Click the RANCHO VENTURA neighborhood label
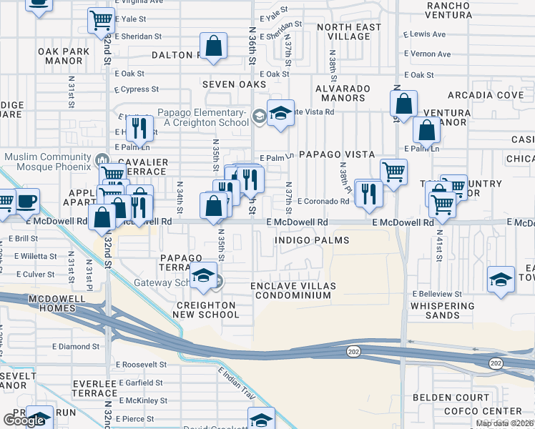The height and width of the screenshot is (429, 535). click(448, 10)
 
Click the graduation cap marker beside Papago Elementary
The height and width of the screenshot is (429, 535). click(280, 113)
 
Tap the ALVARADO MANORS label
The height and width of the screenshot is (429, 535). click(341, 94)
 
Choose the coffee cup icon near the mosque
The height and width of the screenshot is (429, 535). click(27, 202)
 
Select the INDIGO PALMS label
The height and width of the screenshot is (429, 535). click(313, 240)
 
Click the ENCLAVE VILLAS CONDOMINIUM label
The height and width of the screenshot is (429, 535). click(293, 290)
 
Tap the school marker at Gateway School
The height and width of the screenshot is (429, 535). click(203, 277)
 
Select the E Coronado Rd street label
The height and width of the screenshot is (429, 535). click(323, 202)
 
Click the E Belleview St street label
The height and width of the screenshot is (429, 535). click(437, 294)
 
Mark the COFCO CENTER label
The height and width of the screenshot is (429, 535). click(482, 411)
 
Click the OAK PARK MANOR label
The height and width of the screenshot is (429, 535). click(64, 56)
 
